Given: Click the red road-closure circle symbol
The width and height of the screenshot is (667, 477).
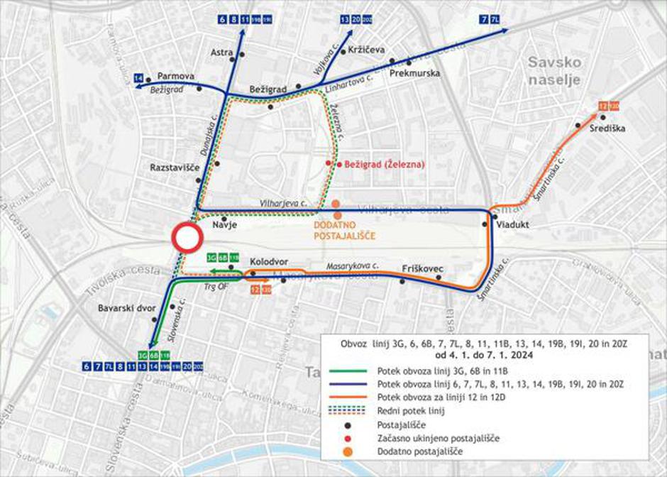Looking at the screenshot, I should (187, 238).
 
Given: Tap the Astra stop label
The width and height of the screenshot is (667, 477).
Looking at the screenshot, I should (222, 52).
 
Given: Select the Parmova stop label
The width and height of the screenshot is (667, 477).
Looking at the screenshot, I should (176, 75).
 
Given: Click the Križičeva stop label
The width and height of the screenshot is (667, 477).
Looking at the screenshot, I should (366, 50).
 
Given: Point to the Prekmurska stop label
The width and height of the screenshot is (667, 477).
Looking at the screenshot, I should (415, 73).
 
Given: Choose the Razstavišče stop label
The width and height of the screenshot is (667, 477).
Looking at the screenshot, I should (175, 168).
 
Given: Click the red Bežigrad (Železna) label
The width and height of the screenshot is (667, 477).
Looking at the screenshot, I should (384, 164).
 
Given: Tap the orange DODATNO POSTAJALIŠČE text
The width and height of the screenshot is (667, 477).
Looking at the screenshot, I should (343, 231).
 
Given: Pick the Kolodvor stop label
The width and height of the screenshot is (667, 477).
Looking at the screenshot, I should (268, 261).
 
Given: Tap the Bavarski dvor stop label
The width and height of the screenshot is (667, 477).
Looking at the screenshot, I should (126, 308).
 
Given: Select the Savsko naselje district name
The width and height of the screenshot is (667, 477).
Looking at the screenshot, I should (554, 71).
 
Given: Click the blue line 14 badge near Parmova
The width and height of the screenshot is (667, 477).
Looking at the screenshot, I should (138, 77).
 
